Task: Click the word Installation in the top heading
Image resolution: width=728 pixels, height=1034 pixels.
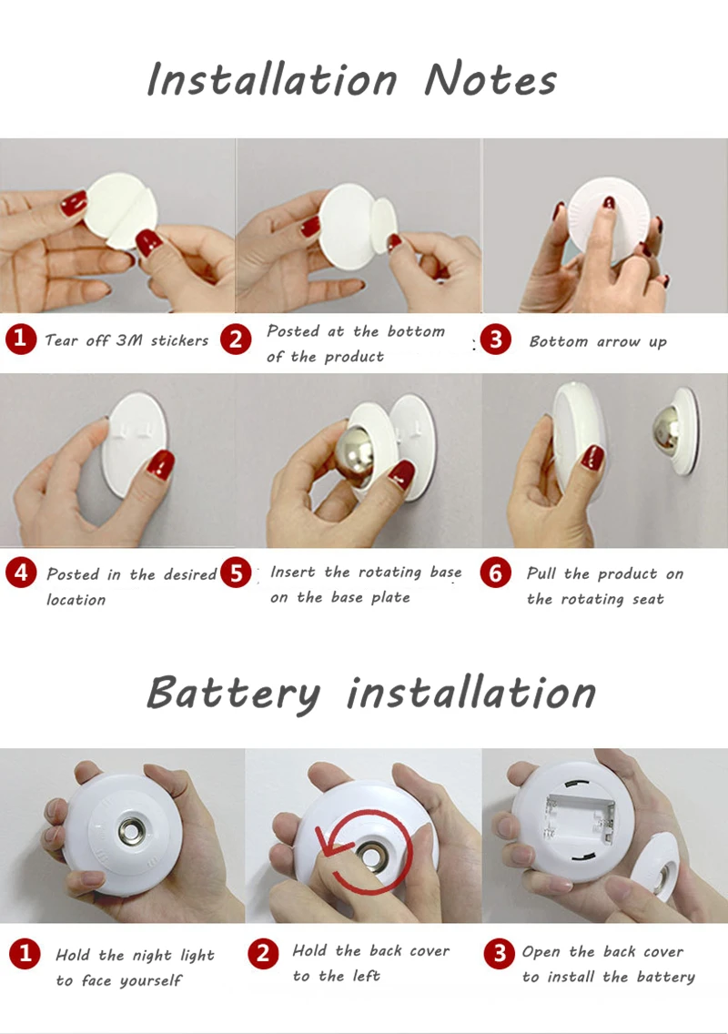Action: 272,79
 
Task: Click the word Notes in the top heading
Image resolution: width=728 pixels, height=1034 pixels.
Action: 490,80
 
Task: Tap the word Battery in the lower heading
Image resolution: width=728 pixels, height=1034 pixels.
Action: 234,694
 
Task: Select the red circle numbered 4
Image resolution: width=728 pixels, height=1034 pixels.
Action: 21,573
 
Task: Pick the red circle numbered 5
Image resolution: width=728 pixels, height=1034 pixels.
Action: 236,573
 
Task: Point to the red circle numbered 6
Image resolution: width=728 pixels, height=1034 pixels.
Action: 496,573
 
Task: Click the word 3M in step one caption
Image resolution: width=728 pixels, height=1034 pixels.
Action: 129,340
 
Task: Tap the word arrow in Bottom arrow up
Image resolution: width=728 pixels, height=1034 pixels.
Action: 618,341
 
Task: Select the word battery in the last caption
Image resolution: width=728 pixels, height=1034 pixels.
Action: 664,978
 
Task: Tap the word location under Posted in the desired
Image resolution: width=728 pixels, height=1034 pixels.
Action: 76,600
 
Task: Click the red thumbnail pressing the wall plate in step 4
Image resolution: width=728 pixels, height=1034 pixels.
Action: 159,465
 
